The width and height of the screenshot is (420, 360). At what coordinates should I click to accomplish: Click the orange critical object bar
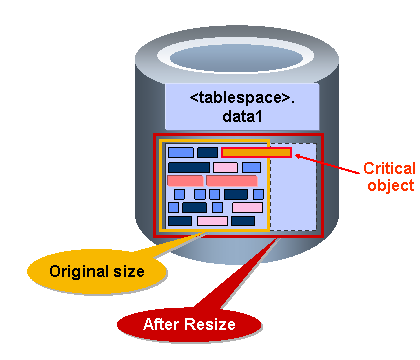pos(256,152)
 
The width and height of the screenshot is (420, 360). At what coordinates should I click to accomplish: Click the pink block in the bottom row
pos(212,221)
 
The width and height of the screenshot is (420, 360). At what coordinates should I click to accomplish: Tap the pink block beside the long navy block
pos(225,167)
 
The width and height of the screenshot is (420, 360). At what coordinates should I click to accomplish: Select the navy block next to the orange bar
pos(207,152)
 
